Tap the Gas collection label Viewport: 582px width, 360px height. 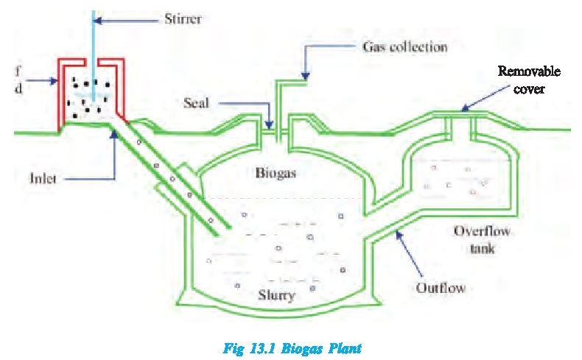(x=405, y=46)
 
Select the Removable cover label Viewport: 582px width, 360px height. (x=529, y=80)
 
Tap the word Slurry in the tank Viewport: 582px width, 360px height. (x=277, y=297)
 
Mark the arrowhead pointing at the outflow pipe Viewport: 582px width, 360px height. (x=399, y=233)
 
